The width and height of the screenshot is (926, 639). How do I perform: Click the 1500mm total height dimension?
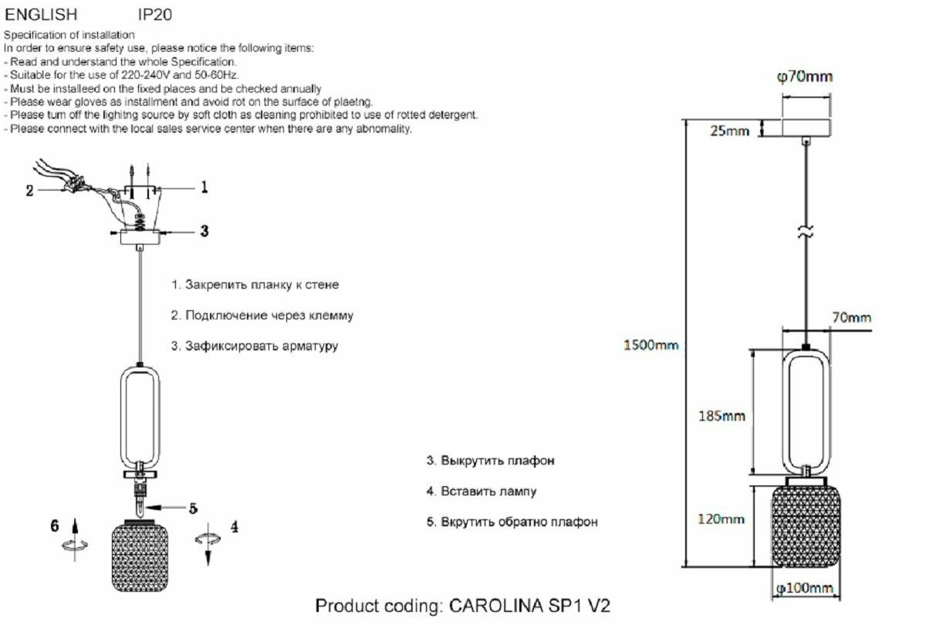click(x=651, y=345)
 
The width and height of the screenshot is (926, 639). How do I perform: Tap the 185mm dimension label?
click(x=722, y=416)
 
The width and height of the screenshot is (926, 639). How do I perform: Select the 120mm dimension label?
click(x=721, y=519)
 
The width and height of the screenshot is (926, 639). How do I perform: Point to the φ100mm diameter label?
click(x=805, y=589)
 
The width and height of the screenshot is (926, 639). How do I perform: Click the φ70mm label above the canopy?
click(x=804, y=76)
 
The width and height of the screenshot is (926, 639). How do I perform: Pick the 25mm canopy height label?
click(x=729, y=130)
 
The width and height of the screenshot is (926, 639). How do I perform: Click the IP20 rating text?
click(x=155, y=15)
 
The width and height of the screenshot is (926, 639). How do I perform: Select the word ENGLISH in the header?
click(x=42, y=15)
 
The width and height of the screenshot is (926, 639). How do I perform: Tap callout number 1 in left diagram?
click(x=204, y=187)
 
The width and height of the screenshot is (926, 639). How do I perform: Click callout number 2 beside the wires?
click(x=30, y=191)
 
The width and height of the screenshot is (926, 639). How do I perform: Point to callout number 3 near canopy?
click(x=204, y=231)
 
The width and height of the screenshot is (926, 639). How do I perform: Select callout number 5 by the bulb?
click(x=193, y=508)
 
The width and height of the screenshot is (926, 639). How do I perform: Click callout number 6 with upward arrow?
click(x=55, y=526)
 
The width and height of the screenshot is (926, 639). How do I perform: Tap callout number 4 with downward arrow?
click(x=234, y=527)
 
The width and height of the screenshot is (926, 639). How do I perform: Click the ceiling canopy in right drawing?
click(x=806, y=127)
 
